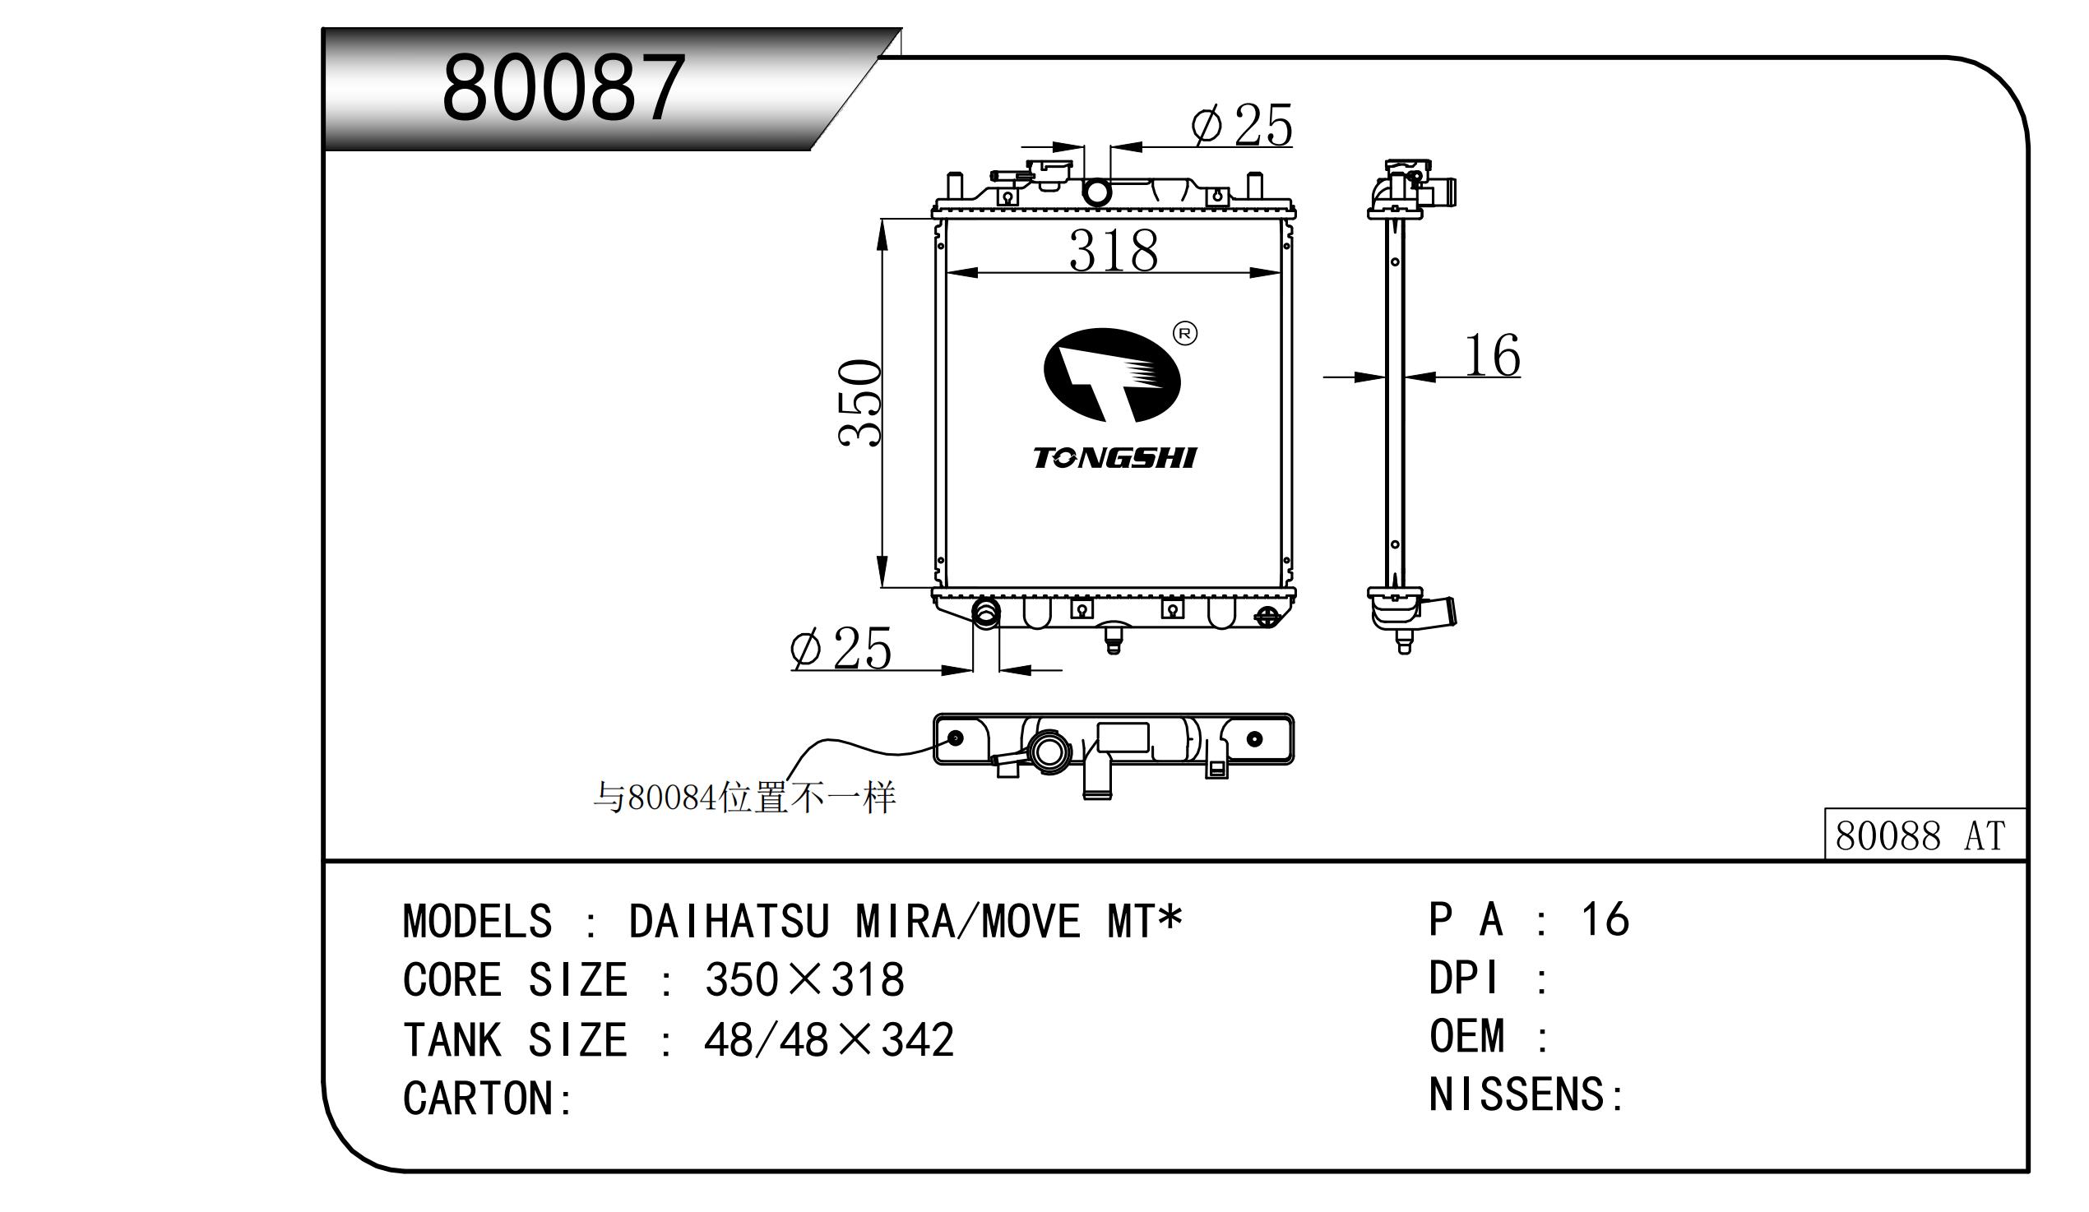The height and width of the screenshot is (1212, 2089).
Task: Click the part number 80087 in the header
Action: pos(563,88)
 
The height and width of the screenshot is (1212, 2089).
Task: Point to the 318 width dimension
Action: pos(1113,250)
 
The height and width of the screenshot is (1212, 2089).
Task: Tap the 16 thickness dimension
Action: pos(1492,356)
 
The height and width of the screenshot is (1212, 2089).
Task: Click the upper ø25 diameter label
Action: pos(1241,126)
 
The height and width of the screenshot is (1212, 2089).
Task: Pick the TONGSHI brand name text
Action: pos(1114,459)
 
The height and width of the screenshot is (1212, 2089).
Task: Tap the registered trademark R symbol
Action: pos(1185,334)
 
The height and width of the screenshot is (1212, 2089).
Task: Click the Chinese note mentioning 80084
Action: pos(743,798)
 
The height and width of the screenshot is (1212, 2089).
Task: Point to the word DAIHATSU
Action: pos(729,922)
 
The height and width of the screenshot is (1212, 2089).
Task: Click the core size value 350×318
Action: pos(804,980)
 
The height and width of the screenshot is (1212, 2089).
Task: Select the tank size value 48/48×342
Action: pos(828,1039)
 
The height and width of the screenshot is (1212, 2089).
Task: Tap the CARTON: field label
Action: pos(488,1099)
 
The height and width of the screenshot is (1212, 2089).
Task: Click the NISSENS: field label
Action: pos(1526,1094)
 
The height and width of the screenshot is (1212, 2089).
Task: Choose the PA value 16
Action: pos(1605,919)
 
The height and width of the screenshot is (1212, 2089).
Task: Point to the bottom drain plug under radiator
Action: pos(1114,641)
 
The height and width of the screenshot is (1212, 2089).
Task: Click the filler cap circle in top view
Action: pos(1049,752)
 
